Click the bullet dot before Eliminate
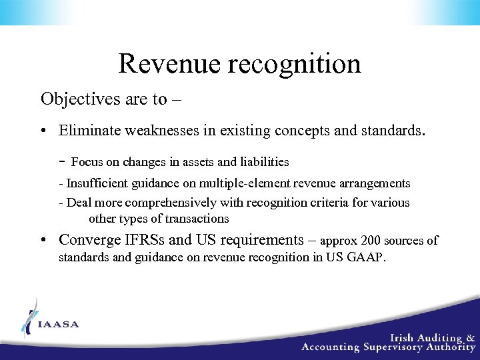43,131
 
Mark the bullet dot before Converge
43,241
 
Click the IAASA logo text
59,325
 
